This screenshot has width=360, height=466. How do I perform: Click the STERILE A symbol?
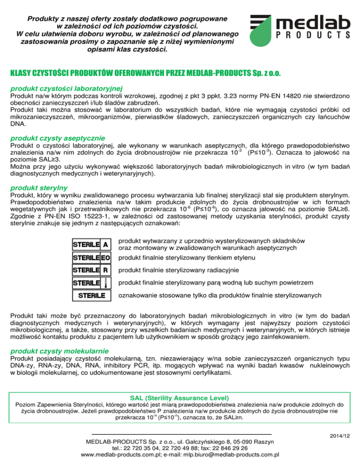coord(91,244)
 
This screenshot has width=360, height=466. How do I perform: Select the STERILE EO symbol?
coord(91,257)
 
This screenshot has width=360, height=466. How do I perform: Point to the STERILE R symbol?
coord(91,270)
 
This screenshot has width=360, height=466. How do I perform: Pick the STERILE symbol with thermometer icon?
coord(91,283)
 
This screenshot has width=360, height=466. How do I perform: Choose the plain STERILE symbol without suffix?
coord(91,295)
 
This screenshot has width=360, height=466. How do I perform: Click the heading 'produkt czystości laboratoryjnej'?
coord(67,87)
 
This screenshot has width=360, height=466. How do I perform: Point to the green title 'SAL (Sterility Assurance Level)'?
coord(180,396)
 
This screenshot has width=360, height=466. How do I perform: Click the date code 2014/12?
coord(339,436)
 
